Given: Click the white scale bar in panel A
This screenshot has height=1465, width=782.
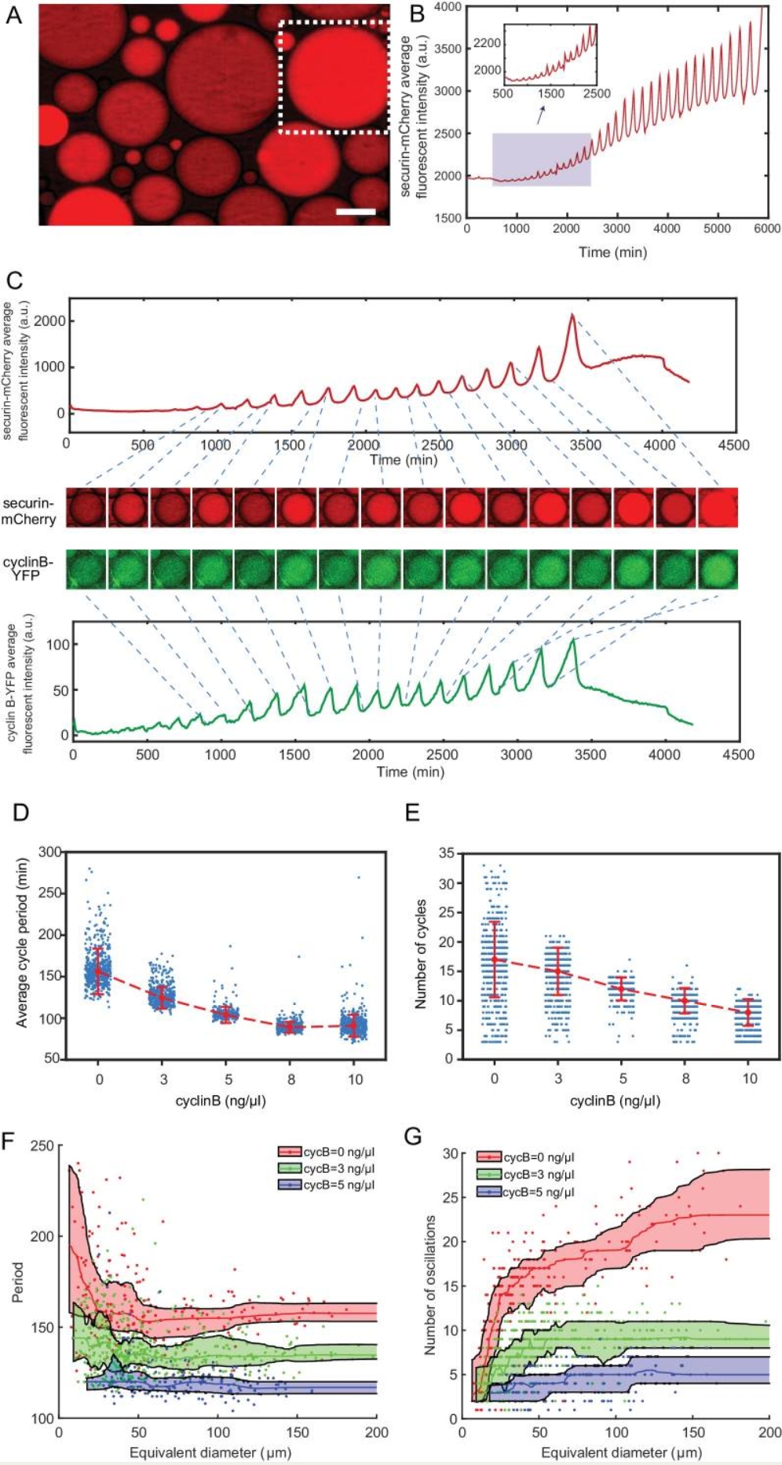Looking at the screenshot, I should (356, 211).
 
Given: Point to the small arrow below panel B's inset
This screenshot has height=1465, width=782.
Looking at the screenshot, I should (541, 116).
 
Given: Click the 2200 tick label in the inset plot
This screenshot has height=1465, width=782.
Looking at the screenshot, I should (487, 42).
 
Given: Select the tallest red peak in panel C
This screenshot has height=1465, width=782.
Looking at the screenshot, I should (572, 316).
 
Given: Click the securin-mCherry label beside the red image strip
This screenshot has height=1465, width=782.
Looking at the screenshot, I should (29, 511).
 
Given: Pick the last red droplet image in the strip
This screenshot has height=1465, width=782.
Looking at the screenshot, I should (718, 506).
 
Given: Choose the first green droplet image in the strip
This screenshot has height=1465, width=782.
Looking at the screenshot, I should (86, 569).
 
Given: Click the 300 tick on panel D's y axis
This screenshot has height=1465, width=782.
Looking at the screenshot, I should (50, 852).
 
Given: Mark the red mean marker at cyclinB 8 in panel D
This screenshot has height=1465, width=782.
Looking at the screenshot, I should (291, 1026).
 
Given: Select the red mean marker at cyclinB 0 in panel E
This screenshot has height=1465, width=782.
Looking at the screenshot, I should (495, 959).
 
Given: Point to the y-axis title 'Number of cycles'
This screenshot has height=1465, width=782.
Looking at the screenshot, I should (422, 953).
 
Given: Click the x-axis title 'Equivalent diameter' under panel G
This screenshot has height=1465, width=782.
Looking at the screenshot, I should (621, 1452).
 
